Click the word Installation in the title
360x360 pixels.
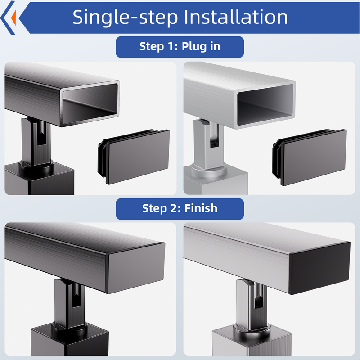pyautogui.click(x=236, y=17)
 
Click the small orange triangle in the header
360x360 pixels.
pyautogui.click(x=14, y=18)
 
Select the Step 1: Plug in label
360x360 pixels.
pyautogui.click(x=180, y=47)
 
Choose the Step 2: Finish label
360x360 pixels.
pyautogui.click(x=180, y=209)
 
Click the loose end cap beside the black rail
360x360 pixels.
pyautogui.click(x=134, y=157)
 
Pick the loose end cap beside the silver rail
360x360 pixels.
pyautogui.click(x=310, y=157)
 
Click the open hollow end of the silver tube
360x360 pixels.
pyautogui.click(x=265, y=104)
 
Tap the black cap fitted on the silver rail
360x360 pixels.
pyautogui.click(x=320, y=268)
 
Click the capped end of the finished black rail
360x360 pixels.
pyautogui.click(x=136, y=268)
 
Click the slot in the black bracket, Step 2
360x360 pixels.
pyautogui.click(x=76, y=296)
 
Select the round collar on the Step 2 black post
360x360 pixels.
pyautogui.click(x=70, y=328)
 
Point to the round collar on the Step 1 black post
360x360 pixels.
pyautogui.click(x=36, y=166)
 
